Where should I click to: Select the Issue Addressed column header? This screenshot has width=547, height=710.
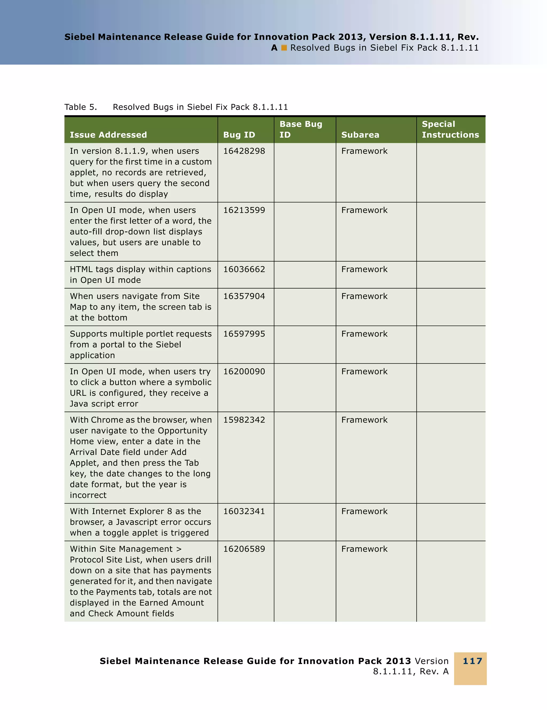pos(108,135)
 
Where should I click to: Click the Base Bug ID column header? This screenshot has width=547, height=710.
pos(300,129)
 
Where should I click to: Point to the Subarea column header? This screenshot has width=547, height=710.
pos(360,135)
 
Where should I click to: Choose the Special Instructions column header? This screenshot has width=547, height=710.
pos(450,129)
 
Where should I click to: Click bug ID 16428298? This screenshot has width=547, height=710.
pos(244,151)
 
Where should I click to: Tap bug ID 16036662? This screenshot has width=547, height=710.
pos(244,269)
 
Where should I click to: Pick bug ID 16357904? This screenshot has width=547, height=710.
pos(244,296)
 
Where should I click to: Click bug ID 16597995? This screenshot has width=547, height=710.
pos(244,334)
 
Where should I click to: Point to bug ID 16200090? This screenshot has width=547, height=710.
pos(244,371)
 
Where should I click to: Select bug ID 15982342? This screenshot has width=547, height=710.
pos(244,420)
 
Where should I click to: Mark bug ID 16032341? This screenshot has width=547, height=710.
pos(244,511)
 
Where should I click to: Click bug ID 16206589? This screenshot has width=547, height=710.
pos(244,549)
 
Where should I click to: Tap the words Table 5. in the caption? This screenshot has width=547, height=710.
pos(80,107)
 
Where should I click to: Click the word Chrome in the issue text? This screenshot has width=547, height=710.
pos(104,420)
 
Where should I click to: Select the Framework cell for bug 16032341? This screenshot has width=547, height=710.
pos(364,511)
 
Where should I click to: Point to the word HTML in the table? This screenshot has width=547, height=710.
pos(81,269)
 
